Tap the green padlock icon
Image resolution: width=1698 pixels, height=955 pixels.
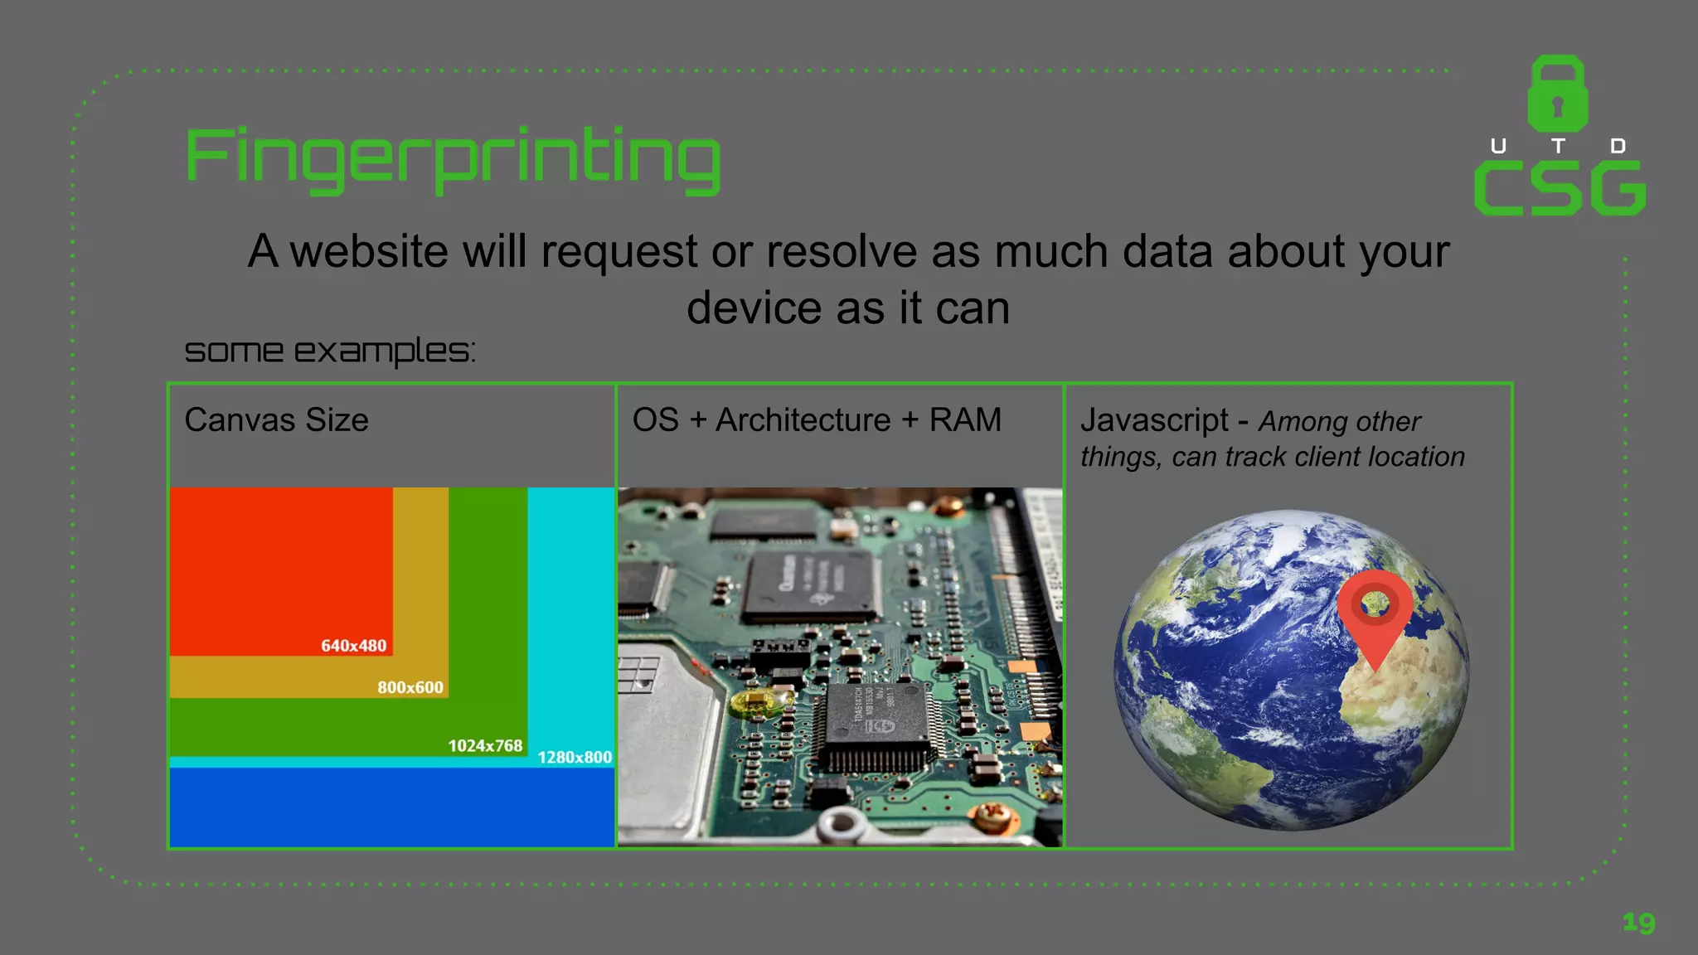[1558, 94]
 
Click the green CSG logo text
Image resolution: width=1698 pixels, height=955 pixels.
[1560, 189]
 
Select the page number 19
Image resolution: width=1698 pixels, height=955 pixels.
[1638, 922]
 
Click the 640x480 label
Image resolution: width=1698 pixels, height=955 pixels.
[353, 646]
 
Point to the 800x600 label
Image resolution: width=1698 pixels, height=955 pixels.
[410, 687]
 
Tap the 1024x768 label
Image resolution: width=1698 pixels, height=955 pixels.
[485, 745]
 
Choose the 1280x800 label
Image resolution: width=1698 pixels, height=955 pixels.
[575, 757]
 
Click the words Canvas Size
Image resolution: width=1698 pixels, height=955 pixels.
[276, 419]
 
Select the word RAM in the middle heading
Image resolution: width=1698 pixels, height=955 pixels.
[965, 419]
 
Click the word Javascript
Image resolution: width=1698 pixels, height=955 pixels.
[1154, 419]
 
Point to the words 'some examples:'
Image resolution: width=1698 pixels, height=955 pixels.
[329, 351]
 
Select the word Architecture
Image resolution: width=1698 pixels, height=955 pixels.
[803, 419]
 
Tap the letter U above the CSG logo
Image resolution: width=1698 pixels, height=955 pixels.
[1498, 147]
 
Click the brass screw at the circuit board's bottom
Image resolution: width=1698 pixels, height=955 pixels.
[990, 820]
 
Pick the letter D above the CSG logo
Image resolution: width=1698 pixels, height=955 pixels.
[1617, 147]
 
